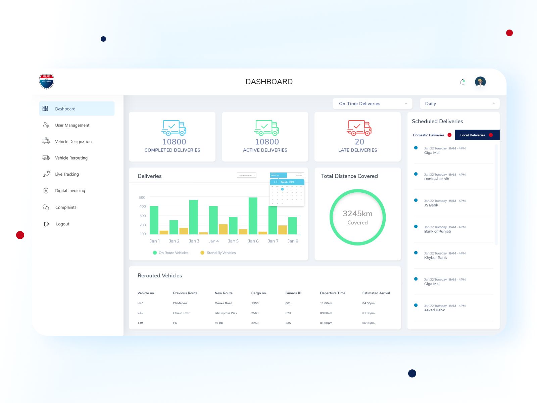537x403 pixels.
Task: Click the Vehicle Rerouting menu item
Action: [71, 158]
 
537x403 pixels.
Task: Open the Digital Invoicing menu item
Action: [70, 191]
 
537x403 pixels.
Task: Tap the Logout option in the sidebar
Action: [62, 224]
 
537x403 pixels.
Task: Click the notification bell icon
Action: [463, 82]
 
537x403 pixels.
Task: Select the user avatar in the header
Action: [480, 82]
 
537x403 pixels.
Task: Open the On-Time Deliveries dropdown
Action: [372, 104]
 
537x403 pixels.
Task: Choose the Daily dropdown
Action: [459, 104]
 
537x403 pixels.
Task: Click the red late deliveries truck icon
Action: [359, 128]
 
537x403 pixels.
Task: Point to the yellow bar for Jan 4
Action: [223, 229]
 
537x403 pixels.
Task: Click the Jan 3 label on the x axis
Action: [194, 241]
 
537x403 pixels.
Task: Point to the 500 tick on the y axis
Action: [142, 197]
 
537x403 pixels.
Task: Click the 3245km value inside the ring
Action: [357, 214]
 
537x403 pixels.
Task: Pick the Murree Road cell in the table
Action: [223, 303]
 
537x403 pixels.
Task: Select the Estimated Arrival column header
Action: [376, 293]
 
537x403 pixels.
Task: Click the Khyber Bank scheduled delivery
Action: [435, 258]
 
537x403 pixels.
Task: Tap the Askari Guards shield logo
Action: [46, 82]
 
